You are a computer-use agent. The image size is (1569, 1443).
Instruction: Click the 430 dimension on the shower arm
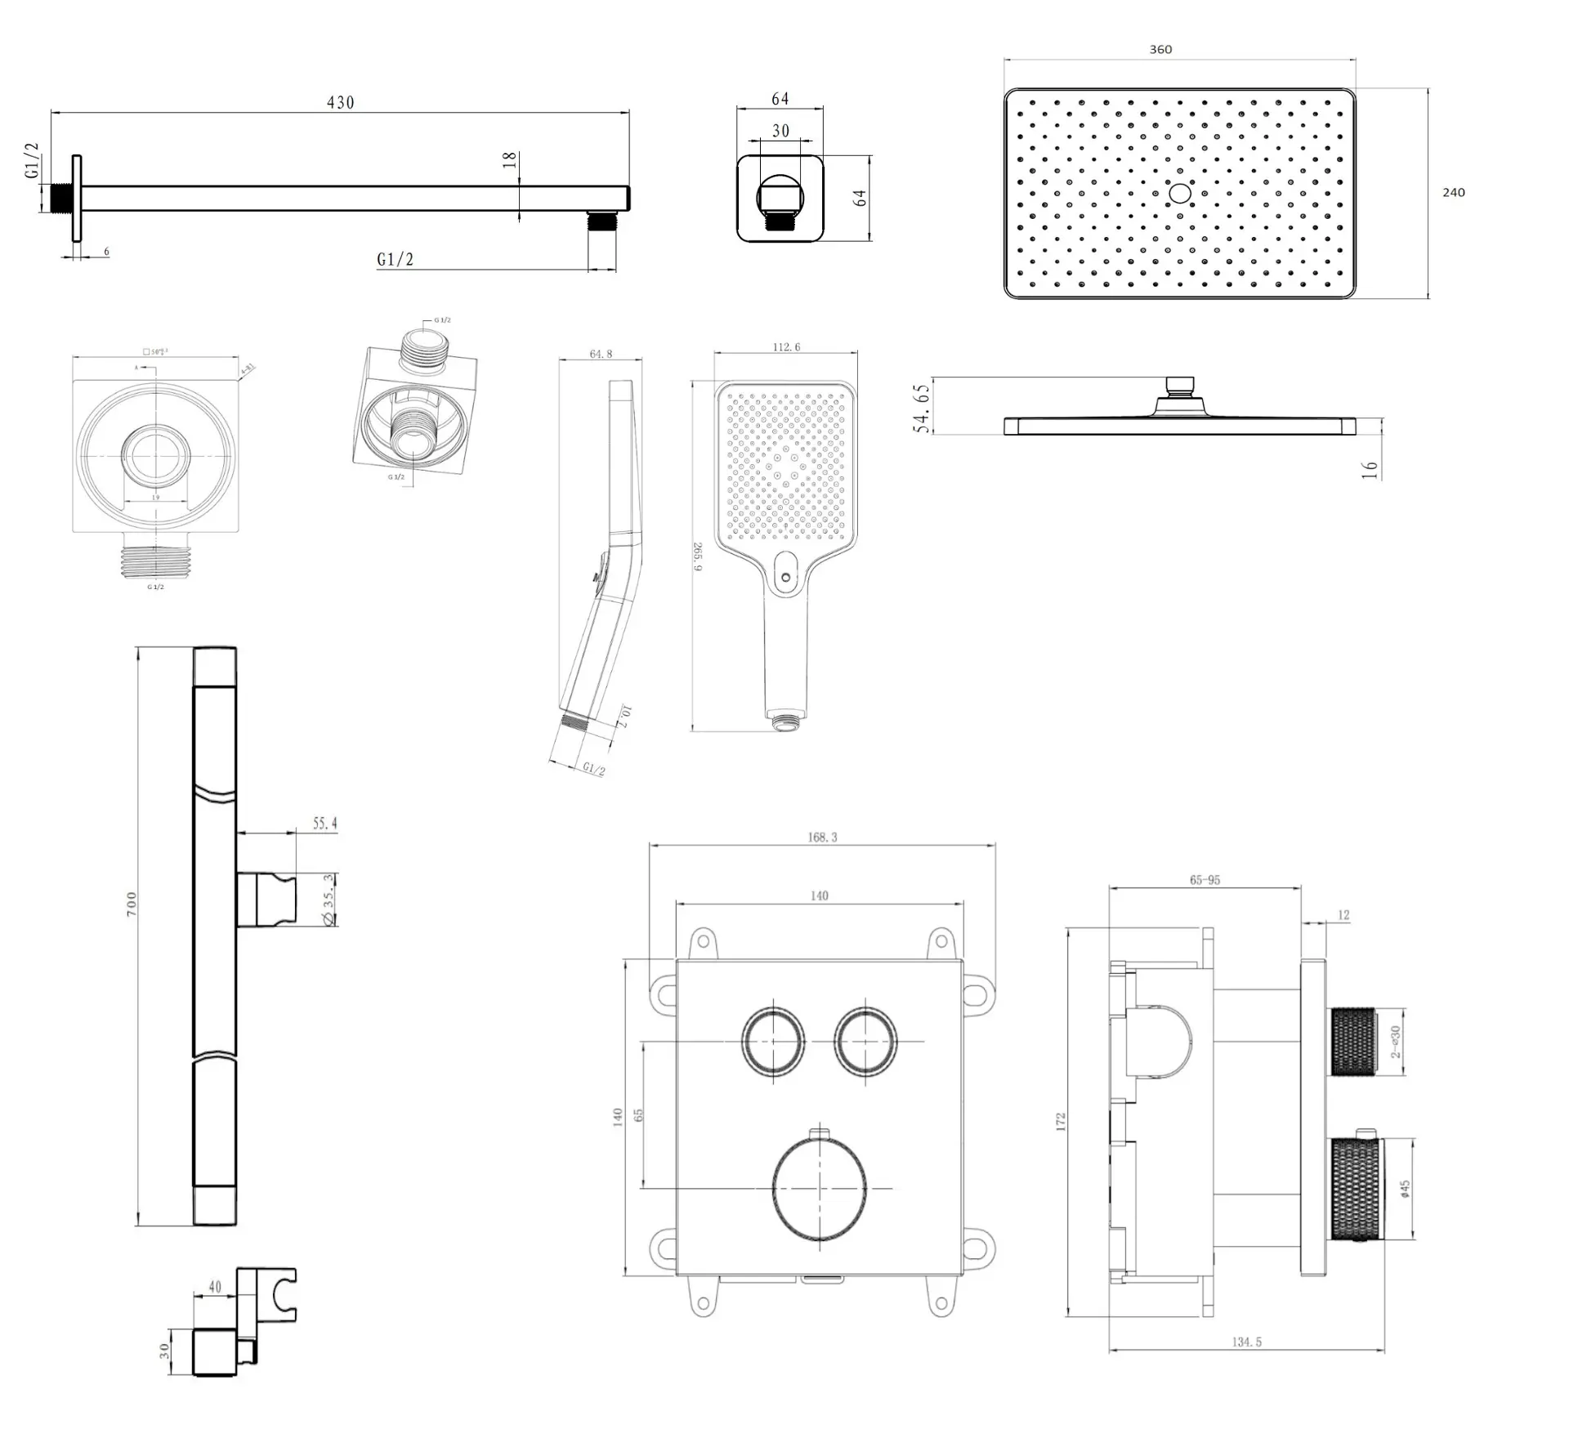340,103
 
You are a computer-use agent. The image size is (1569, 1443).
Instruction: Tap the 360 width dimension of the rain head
1160,50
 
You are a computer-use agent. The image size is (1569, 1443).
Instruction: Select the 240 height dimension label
1453,193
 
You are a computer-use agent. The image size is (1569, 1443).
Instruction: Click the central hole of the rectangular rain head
1179,194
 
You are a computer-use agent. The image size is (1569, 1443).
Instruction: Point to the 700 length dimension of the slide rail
132,904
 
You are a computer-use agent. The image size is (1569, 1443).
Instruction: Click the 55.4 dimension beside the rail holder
324,824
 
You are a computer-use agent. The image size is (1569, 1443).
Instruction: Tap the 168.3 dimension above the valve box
821,838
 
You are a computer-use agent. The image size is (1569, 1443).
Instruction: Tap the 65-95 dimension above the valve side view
1205,880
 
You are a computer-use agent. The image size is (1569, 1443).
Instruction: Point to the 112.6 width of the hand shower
786,347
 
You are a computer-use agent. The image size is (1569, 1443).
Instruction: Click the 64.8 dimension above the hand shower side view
601,355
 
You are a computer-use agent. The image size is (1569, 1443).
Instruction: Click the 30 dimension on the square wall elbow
780,131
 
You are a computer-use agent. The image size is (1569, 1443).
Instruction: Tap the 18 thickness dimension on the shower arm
510,160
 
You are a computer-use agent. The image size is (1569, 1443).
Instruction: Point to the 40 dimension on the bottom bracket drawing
215,1287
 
